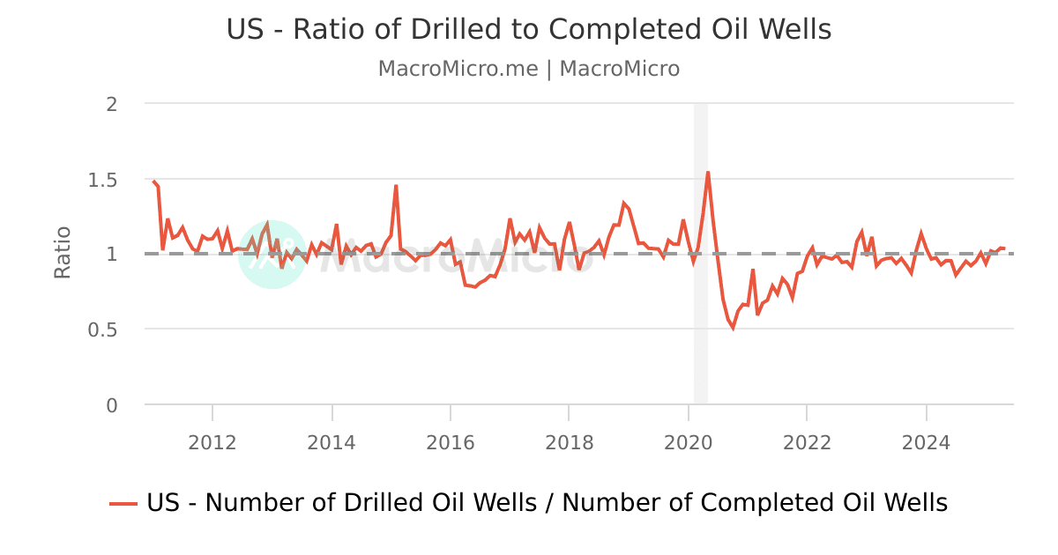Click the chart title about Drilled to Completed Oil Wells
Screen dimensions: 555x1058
coord(529,29)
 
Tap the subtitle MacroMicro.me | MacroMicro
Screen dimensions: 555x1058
coord(529,69)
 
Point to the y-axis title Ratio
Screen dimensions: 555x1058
coord(63,254)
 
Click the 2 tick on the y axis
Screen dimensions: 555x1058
coord(112,104)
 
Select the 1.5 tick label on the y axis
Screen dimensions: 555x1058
coord(105,180)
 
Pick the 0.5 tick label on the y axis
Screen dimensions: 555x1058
coord(105,329)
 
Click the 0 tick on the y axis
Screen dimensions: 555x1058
coord(112,405)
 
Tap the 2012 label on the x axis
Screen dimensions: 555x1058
coord(212,442)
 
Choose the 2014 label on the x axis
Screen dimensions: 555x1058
coord(332,442)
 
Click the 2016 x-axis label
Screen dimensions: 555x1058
coord(451,442)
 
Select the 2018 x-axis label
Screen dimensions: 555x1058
coord(570,442)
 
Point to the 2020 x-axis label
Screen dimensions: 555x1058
coord(688,442)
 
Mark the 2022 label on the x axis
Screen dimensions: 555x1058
coord(807,442)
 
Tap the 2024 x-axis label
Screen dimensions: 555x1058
coord(926,442)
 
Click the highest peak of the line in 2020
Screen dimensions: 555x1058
coord(708,173)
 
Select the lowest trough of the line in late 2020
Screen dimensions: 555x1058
coord(733,328)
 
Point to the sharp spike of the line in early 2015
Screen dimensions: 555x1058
coord(396,186)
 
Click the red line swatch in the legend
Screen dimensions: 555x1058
coord(123,503)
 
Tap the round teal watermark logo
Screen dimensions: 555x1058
coord(272,255)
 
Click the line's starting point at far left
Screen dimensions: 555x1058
coord(153,181)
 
